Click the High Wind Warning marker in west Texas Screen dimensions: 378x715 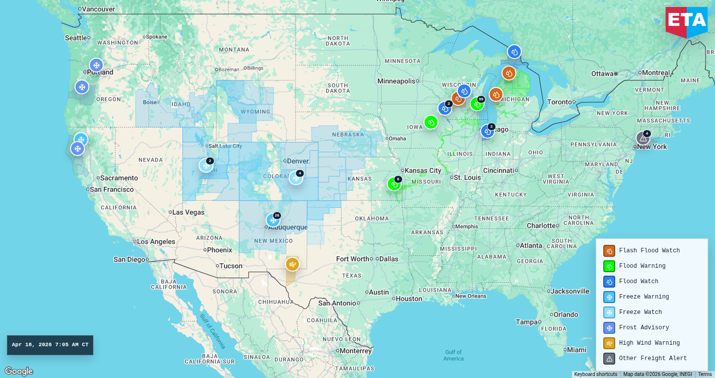pyautogui.click(x=292, y=264)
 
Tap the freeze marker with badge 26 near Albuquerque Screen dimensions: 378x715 pyautogui.click(x=273, y=220)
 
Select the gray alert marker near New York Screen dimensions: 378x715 pyautogui.click(x=643, y=139)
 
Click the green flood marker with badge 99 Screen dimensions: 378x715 pyautogui.click(x=477, y=104)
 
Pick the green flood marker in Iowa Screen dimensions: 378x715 pyautogui.click(x=431, y=122)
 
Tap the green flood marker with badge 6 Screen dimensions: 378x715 pyautogui.click(x=394, y=184)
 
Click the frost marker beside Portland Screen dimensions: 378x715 pyautogui.click(x=96, y=65)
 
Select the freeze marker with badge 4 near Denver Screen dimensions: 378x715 pyautogui.click(x=296, y=178)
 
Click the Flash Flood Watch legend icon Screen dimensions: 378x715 pyautogui.click(x=609, y=251)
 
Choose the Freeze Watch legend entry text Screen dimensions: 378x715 pyautogui.click(x=640, y=312)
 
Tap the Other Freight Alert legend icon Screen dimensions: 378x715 pyautogui.click(x=609, y=359)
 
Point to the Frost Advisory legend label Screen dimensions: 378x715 pyautogui.click(x=643, y=327)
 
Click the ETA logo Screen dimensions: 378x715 pyautogui.click(x=687, y=21)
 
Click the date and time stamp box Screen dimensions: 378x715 pyautogui.click(x=50, y=345)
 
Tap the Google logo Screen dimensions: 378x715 pyautogui.click(x=19, y=371)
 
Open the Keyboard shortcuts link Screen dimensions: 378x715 pyautogui.click(x=595, y=375)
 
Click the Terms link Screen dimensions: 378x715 pyautogui.click(x=705, y=375)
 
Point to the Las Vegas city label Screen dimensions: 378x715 pyautogui.click(x=188, y=212)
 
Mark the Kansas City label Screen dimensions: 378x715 pyautogui.click(x=423, y=170)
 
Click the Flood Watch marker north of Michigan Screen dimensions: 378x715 pyautogui.click(x=514, y=52)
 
